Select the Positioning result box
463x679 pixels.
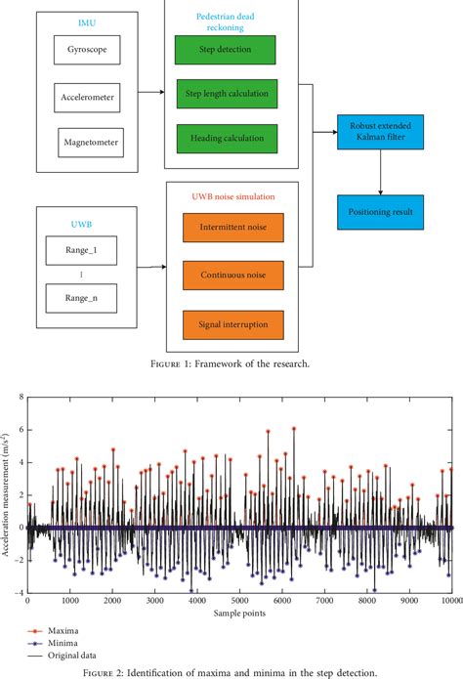[x=380, y=212]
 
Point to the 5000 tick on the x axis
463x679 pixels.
[x=239, y=603]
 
